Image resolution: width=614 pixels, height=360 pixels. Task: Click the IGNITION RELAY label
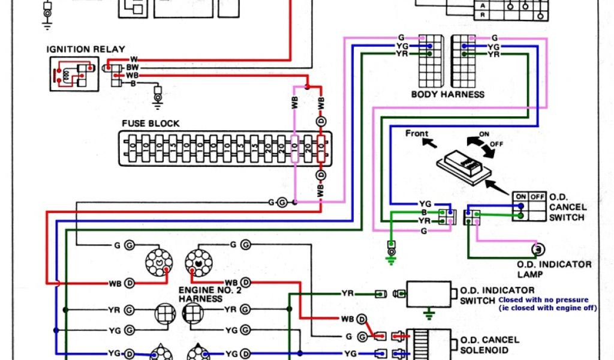pyautogui.click(x=87, y=49)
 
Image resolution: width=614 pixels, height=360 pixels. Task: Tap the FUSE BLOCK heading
pyautogui.click(x=151, y=123)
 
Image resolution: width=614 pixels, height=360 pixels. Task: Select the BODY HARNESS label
pyautogui.click(x=447, y=94)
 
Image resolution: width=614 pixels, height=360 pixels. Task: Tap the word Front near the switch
pyautogui.click(x=417, y=133)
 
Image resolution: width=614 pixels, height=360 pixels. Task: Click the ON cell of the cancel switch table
pyautogui.click(x=520, y=196)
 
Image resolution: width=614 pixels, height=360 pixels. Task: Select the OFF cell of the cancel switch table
pyautogui.click(x=537, y=196)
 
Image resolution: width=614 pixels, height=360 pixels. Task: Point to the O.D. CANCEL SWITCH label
pyautogui.click(x=567, y=207)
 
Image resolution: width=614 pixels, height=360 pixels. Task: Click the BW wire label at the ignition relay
pyautogui.click(x=132, y=68)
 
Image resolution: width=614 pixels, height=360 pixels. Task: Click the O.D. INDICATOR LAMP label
pyautogui.click(x=554, y=269)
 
